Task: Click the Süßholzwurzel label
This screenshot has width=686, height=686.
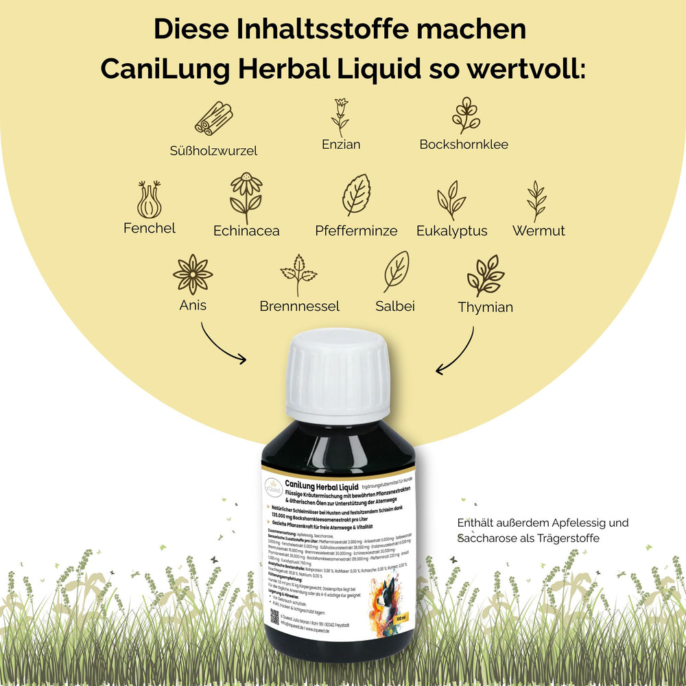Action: pos(213,150)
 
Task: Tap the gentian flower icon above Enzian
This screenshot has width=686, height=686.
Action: pos(340,117)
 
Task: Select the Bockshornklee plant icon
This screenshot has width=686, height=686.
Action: pos(465,115)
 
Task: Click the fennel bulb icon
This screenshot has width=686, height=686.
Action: pos(149,200)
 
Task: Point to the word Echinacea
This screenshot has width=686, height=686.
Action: pos(246,231)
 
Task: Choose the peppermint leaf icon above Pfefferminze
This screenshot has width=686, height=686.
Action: pos(356,196)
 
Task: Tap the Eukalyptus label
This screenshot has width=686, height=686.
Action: pos(451,231)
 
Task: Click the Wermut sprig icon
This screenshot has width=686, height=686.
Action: pos(536,201)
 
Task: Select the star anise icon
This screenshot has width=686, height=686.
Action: pos(193,274)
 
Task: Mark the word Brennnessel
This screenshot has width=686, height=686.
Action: pos(299,306)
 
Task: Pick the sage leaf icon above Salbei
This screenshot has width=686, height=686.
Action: pos(396,272)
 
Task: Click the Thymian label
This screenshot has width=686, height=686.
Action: pos(485,307)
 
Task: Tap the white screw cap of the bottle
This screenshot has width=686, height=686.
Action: pos(337,374)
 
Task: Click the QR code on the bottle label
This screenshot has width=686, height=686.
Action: pos(275,615)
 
